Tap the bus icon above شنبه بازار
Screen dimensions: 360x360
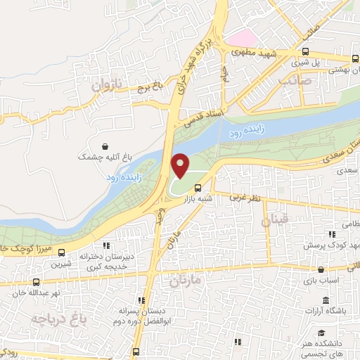pyautogui.click(x=198, y=188)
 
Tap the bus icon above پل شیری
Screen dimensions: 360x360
pyautogui.click(x=304, y=51)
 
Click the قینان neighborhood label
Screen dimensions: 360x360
pyautogui.click(x=274, y=221)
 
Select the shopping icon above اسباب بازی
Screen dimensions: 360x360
pyautogui.click(x=321, y=269)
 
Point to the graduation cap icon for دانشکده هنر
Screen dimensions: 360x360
pyautogui.click(x=321, y=333)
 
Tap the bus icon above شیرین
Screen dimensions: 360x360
pyautogui.click(x=60, y=253)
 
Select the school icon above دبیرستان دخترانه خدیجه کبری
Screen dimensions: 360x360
pyautogui.click(x=107, y=245)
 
